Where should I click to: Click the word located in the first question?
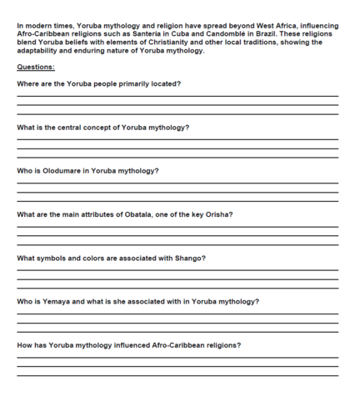164,84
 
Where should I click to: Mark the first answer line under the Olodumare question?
177,183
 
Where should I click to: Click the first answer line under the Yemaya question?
177,314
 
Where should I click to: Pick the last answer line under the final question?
177,375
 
